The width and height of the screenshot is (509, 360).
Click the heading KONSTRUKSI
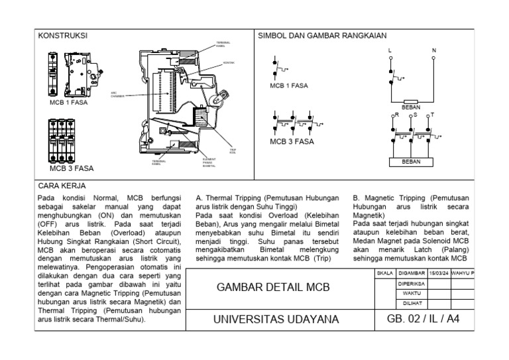pos(63,36)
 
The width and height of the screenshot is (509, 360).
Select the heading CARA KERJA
pos(62,186)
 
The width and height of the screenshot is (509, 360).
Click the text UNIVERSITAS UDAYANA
pos(276,320)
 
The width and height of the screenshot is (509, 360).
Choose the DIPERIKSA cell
pos(410,282)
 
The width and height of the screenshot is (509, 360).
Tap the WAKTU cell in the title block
pos(410,292)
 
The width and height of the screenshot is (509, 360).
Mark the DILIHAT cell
pos(410,303)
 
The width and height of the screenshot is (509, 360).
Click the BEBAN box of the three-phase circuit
pos(411,161)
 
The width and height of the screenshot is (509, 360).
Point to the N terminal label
pos(434,50)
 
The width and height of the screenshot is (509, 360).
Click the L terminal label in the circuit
pos(390,50)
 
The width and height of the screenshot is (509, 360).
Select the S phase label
pos(415,115)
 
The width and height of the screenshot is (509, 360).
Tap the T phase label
pos(432,115)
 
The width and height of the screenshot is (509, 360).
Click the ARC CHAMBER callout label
pos(117,95)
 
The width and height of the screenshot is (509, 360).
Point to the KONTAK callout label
pos(230,64)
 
